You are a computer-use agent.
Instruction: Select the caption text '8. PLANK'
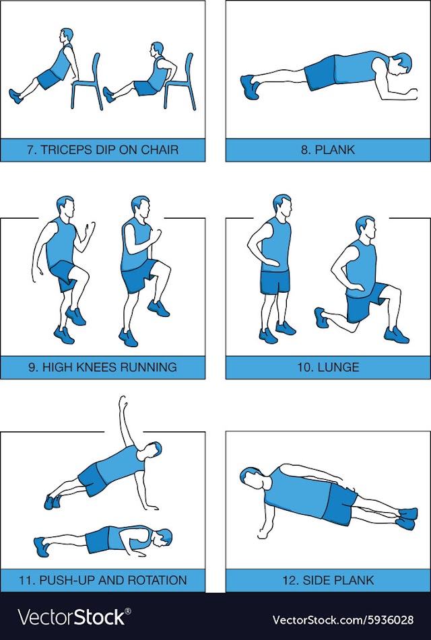[328, 150]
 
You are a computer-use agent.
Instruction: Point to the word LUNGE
[338, 367]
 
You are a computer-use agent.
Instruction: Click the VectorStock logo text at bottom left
[74, 617]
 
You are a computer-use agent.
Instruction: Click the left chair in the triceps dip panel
[87, 83]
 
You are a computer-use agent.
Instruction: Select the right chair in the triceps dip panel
[180, 83]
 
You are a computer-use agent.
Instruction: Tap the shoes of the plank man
[250, 87]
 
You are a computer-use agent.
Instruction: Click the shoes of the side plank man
[407, 519]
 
